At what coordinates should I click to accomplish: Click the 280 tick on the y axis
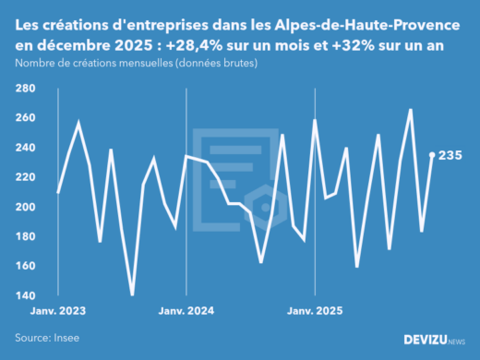point(25,89)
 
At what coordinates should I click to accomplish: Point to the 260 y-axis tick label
point(25,118)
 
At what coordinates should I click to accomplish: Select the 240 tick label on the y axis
point(25,148)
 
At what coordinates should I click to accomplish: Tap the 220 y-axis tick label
point(25,177)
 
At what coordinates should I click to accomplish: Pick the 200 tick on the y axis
point(25,207)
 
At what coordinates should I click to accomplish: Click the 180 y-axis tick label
point(25,236)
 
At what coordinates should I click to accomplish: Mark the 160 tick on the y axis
point(25,266)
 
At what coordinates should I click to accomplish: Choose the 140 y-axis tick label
point(25,295)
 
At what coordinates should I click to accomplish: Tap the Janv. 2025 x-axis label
point(316,311)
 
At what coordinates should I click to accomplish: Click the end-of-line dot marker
point(433,155)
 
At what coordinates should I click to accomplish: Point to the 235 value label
point(450,155)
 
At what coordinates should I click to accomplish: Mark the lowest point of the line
point(132,294)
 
